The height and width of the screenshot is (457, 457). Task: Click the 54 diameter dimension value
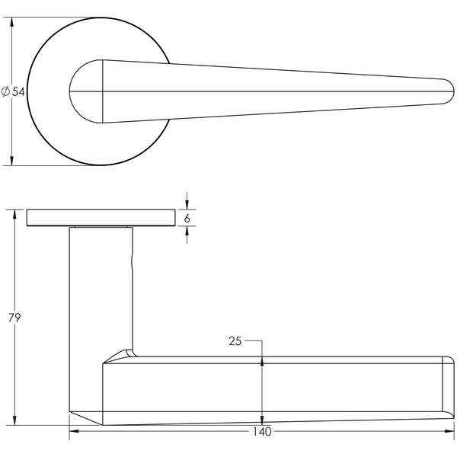(x=18, y=91)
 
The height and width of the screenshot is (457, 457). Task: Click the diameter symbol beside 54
(x=6, y=91)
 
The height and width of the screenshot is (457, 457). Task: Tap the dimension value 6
(x=187, y=218)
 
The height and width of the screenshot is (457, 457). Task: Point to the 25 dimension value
(x=235, y=342)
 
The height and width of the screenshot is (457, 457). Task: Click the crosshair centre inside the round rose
(x=102, y=92)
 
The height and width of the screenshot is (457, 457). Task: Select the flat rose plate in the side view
(x=99, y=218)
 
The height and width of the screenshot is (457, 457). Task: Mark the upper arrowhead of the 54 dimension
(x=13, y=24)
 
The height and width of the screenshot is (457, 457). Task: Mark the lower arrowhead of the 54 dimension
(x=13, y=159)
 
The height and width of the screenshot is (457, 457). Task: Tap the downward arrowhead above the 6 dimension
(x=187, y=204)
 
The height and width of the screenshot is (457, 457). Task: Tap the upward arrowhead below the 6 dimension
(x=187, y=232)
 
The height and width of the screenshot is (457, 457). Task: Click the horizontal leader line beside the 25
(x=253, y=342)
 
